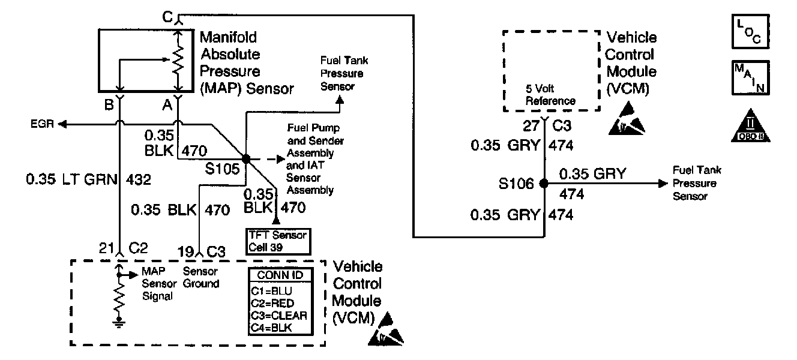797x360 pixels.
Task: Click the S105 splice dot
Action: click(245, 158)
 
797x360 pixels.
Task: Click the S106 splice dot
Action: click(544, 183)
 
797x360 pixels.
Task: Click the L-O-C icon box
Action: click(750, 32)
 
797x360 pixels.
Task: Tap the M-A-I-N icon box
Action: click(750, 77)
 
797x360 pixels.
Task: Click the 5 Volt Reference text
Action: click(550, 96)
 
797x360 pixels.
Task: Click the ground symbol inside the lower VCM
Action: click(119, 324)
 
